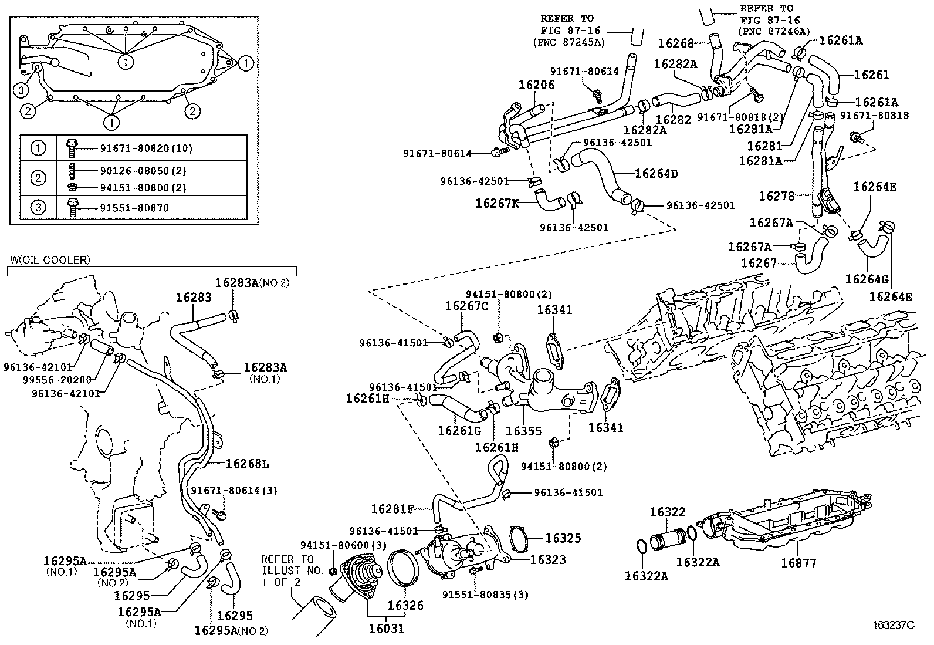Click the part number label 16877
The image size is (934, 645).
point(798,563)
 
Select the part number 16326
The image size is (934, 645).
point(405,605)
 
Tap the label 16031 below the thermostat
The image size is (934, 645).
point(387,629)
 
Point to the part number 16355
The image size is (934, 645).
point(524,431)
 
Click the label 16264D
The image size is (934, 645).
point(656,173)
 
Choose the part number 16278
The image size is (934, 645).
point(776,195)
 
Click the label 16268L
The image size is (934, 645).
point(247,464)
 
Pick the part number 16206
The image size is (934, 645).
point(537,85)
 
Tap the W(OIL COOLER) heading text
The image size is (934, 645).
point(50,260)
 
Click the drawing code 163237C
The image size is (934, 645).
point(894,624)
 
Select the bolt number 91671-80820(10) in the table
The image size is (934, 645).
point(146,148)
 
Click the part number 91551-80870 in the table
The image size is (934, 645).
point(134,208)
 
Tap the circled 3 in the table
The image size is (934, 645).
point(38,207)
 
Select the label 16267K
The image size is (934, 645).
point(498,203)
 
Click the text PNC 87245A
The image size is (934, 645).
point(568,42)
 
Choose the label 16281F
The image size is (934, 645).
point(392,509)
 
